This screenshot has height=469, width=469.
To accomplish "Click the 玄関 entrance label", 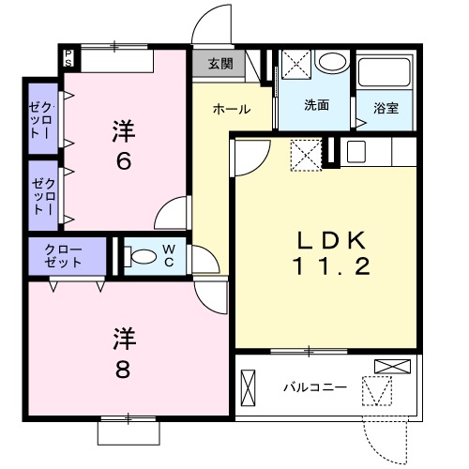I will pos(220,65).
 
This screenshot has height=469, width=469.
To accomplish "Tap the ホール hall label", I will pos(231,109).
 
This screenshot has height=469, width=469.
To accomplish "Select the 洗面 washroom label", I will pos(316,105).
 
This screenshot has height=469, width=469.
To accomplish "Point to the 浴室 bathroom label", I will pos(386,107).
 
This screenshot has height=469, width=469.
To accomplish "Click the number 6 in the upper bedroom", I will pos(123,160).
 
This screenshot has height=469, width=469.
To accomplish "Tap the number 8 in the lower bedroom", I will pos(123,368).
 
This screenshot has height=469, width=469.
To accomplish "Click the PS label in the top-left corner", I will pos(69,58).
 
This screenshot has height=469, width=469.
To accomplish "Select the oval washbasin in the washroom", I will pos(331,65).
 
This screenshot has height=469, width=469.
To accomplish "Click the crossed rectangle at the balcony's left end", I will pos(249,386).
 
